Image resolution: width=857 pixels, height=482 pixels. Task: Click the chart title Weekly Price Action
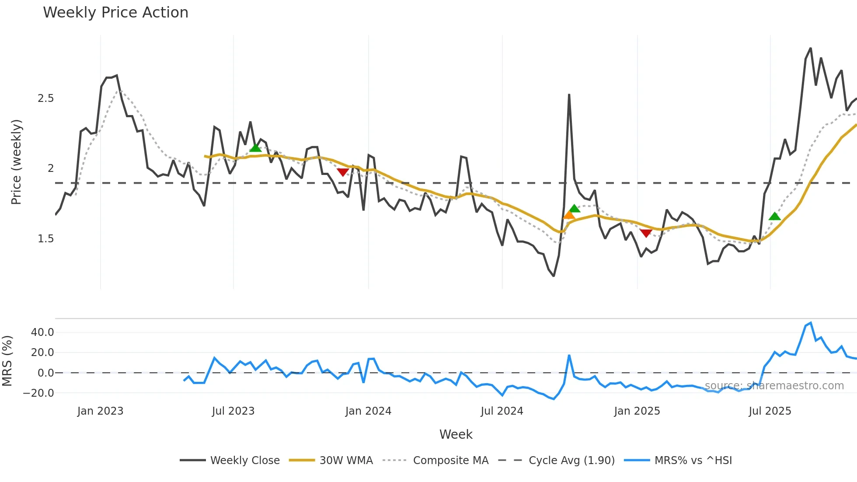click(x=115, y=13)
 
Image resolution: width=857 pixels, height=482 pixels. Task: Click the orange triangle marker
click(x=569, y=215)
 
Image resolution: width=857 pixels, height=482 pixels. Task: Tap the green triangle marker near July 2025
click(x=774, y=216)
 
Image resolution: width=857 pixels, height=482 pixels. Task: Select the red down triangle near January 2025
click(x=646, y=233)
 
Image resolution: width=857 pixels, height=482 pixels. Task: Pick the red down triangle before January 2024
click(x=343, y=172)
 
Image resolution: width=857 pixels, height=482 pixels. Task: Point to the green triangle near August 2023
click(x=255, y=148)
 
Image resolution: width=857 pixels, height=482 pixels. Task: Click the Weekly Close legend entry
click(x=230, y=461)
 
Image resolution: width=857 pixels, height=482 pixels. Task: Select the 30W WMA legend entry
click(x=331, y=461)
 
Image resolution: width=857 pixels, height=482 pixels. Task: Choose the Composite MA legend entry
click(x=435, y=461)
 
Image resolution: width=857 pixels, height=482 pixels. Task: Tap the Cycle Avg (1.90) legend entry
click(x=556, y=461)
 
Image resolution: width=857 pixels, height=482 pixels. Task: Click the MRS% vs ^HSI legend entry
click(x=678, y=461)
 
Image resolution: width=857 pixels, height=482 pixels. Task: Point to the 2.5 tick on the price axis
click(x=45, y=98)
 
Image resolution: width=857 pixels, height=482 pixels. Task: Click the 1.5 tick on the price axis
click(x=45, y=239)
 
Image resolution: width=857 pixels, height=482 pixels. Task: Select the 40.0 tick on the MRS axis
click(x=42, y=332)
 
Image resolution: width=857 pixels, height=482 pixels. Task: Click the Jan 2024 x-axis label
click(x=368, y=411)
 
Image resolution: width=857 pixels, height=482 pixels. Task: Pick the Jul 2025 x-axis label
click(x=770, y=411)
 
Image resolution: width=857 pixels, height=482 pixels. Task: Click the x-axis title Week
click(x=456, y=434)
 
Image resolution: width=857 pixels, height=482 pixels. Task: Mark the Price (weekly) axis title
click(x=16, y=162)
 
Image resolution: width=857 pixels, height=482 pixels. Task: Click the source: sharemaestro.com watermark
click(x=774, y=386)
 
